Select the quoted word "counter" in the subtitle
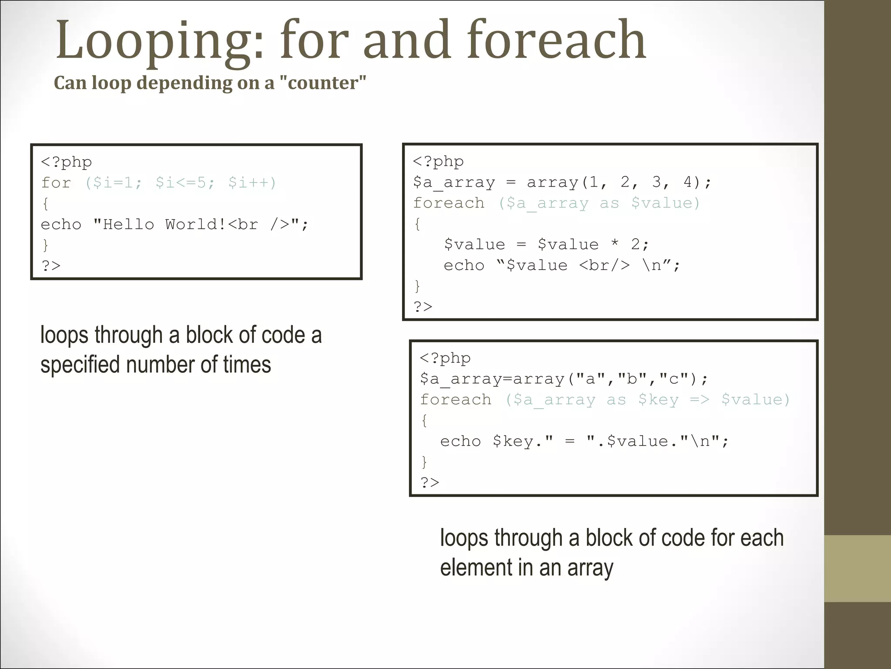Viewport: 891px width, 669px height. coord(327,83)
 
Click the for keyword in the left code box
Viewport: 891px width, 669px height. coord(56,182)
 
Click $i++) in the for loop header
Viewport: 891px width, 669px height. coord(252,182)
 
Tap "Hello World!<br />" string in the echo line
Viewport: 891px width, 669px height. coord(197,224)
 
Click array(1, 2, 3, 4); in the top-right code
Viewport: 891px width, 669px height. coord(619,182)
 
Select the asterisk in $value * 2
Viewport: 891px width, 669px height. coord(615,244)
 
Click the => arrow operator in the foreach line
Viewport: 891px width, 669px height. coord(700,399)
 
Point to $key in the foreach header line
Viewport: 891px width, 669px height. coord(658,399)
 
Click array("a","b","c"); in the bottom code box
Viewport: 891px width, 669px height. coord(610,378)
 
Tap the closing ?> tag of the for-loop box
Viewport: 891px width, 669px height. coord(51,265)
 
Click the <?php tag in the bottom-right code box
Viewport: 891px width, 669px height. coord(445,358)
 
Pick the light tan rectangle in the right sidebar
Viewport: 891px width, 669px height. coord(858,568)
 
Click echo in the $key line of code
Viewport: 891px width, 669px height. coord(460,441)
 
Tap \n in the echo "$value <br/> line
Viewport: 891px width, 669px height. coord(652,265)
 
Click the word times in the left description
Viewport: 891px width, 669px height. coord(247,365)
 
